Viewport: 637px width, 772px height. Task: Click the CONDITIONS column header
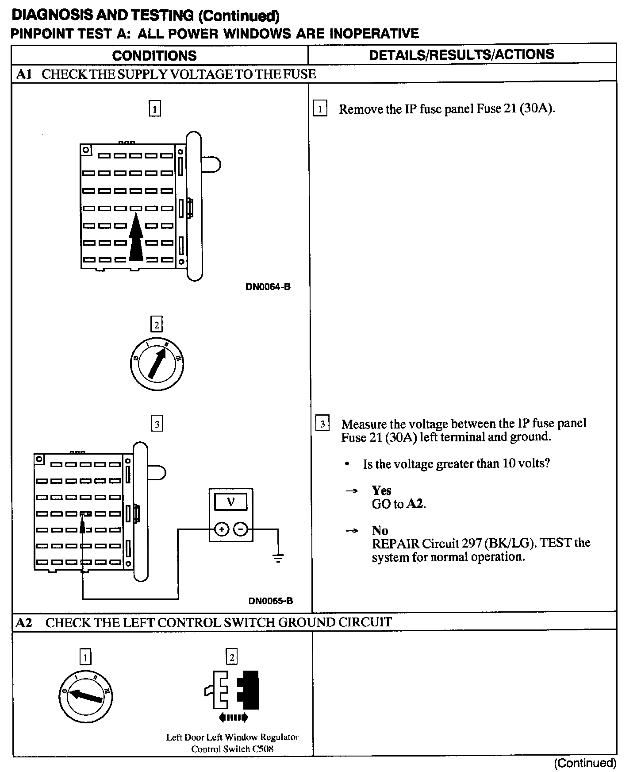(x=154, y=55)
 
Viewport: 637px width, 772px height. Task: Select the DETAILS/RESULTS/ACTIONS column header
(x=461, y=54)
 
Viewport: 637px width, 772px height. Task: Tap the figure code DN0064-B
(x=268, y=287)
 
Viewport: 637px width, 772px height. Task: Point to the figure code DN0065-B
(x=270, y=601)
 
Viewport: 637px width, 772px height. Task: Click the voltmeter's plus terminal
(x=222, y=529)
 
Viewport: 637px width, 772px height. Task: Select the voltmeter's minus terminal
(x=241, y=529)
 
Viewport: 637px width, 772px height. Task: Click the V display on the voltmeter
(x=231, y=502)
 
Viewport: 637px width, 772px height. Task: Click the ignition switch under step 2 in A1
(x=157, y=364)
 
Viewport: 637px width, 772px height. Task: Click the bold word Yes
(x=381, y=490)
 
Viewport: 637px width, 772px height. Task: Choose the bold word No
(x=380, y=530)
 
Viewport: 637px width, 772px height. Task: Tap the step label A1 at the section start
(x=24, y=74)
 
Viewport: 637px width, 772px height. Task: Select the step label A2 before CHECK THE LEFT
(x=24, y=623)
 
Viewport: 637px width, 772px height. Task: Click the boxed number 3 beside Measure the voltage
(x=322, y=424)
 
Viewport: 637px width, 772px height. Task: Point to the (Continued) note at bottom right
(x=584, y=763)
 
